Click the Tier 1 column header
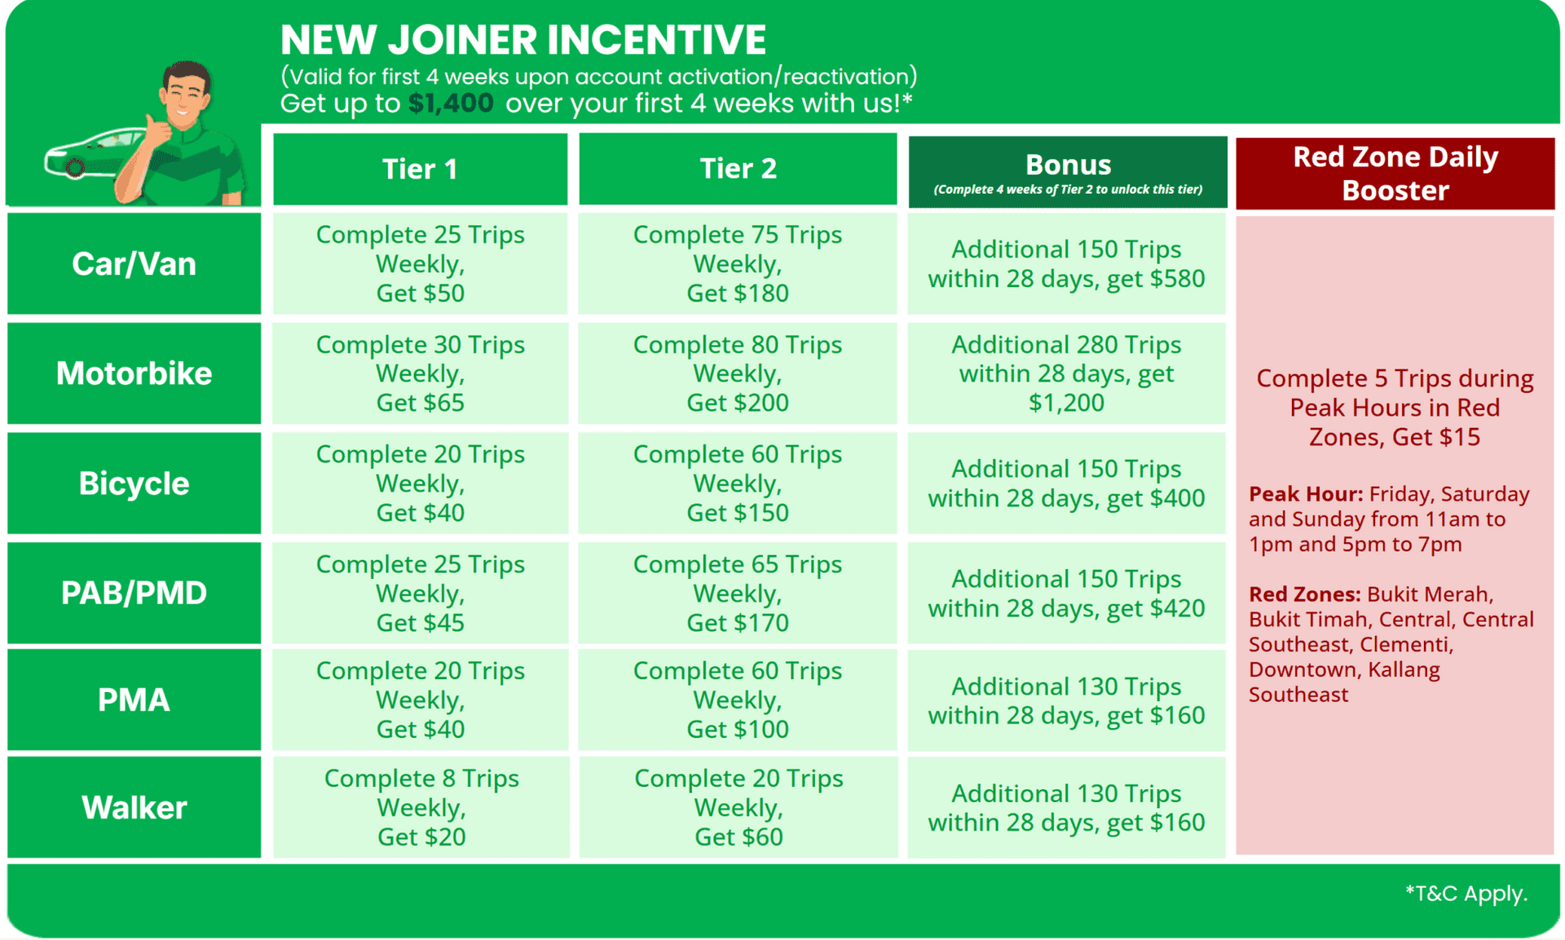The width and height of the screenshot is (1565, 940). point(420,169)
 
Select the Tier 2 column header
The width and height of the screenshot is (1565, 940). point(738,169)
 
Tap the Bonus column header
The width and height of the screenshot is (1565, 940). point(1068,172)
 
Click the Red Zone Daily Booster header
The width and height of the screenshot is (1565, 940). point(1395,173)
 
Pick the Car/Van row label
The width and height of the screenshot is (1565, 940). point(134,263)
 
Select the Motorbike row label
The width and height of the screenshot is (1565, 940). point(134,373)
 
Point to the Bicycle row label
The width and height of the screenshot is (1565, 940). point(134,483)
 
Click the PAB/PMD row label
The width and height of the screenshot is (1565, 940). point(134,593)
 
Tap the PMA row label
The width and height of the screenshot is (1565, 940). point(134,699)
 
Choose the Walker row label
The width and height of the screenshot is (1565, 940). point(134,807)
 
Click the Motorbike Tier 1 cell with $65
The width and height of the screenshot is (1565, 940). point(420,373)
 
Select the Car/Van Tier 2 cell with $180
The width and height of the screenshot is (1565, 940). point(738,263)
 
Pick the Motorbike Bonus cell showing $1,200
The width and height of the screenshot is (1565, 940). point(1067,373)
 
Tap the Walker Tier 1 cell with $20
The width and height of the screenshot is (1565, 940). point(421,807)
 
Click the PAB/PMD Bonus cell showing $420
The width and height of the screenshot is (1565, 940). point(1067,593)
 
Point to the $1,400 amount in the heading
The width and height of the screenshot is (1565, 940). point(451,104)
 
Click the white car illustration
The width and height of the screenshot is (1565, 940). point(94,153)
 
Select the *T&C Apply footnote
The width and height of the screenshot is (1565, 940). point(1466,894)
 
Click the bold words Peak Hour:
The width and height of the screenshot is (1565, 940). point(1306,494)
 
